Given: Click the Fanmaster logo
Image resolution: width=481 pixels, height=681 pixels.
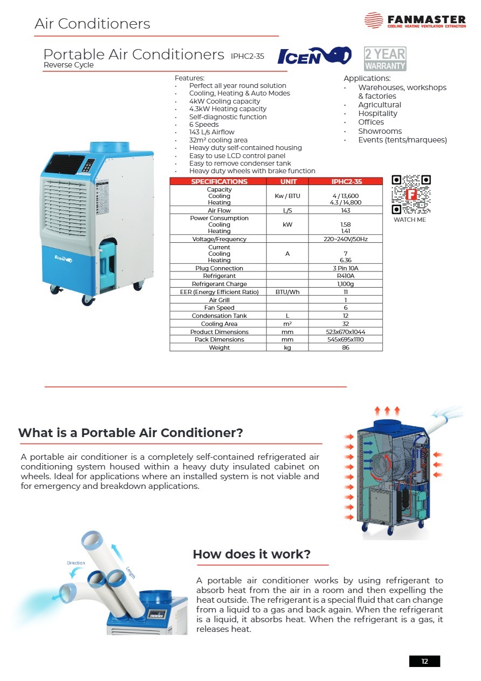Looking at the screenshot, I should tap(415, 21).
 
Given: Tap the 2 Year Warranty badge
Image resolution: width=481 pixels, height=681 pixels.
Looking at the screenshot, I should tap(385, 59).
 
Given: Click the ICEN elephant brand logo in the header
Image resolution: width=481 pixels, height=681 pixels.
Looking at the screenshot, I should tap(314, 56).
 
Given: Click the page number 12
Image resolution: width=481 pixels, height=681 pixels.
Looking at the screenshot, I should tap(424, 662).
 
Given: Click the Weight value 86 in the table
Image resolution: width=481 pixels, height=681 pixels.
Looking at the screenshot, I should tap(346, 348).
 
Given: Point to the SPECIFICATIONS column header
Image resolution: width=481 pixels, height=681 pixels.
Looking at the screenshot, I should tap(219, 182).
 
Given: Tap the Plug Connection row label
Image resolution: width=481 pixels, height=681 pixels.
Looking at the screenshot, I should tap(219, 268).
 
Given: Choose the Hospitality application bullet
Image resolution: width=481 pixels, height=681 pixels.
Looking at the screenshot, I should tap(377, 113).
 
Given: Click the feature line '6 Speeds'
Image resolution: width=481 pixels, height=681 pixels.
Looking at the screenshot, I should tap(204, 125).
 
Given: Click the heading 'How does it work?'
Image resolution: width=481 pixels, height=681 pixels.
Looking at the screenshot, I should tap(251, 555).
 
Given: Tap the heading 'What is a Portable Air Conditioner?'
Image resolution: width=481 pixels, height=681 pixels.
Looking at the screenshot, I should tap(130, 433).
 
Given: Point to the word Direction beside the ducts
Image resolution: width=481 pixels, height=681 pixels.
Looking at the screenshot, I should tap(75, 563).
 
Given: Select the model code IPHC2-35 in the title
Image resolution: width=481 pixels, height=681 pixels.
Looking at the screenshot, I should tap(248, 56).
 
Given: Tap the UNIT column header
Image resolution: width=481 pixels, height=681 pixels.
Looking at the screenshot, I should tap(288, 182).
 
